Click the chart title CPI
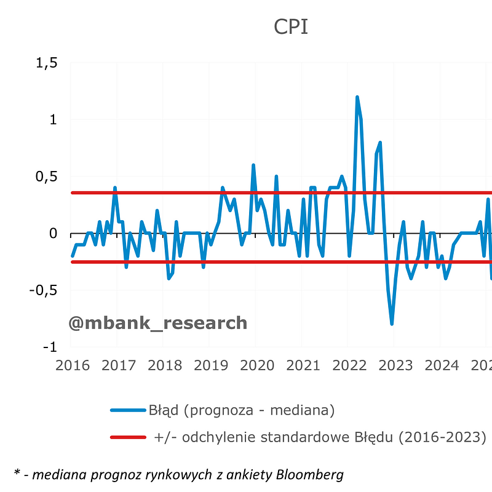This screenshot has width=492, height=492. (291, 26)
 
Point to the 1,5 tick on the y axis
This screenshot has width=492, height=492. (47, 63)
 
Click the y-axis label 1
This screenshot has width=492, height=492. (54, 119)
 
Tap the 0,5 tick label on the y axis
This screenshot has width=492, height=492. (47, 177)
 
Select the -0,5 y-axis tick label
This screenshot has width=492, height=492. (43, 290)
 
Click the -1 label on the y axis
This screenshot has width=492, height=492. (50, 347)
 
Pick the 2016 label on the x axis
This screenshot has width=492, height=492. (73, 365)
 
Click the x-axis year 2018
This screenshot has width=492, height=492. (165, 365)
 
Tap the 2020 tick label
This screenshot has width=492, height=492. (257, 365)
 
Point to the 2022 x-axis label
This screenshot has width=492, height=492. (349, 365)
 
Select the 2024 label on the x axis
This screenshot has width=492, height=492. (442, 365)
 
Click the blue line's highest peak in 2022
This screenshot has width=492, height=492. (357, 97)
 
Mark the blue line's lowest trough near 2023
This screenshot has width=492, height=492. (392, 323)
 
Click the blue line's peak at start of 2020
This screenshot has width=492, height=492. (253, 165)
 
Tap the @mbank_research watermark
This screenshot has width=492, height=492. (158, 323)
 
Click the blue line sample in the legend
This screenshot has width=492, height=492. (128, 410)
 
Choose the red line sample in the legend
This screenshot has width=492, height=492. (128, 437)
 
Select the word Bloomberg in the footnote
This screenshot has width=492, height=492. (310, 474)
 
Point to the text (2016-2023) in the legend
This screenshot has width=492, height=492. (442, 437)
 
